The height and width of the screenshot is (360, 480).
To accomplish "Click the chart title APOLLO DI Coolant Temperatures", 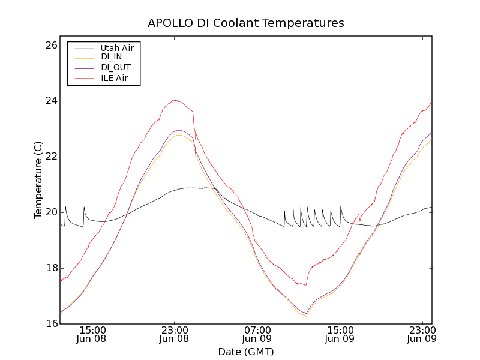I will click(246, 23).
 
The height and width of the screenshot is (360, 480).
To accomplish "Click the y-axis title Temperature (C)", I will click(38, 180).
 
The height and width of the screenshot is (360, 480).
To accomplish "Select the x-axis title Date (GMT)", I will click(246, 352).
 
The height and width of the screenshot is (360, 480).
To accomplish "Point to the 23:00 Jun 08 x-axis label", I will click(175, 334).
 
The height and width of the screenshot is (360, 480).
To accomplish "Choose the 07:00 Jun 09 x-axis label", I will click(257, 334).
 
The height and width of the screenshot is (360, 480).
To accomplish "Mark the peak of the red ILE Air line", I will click(175, 100).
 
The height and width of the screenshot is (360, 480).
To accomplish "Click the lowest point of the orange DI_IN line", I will click(306, 316).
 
